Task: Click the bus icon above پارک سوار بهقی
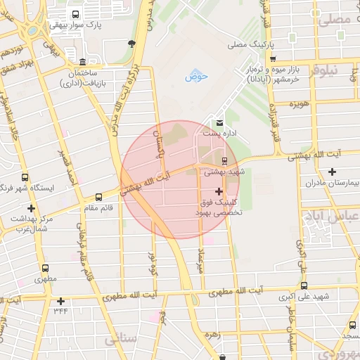point(76,13)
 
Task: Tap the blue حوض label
point(193,76)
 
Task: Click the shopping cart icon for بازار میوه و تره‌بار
point(274,59)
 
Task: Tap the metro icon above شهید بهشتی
point(225,160)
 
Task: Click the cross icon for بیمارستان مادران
point(332,172)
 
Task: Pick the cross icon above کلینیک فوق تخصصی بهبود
point(219,191)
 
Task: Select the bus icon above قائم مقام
point(98,197)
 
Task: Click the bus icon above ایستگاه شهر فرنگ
point(25,178)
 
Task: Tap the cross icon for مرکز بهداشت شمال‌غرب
point(31,208)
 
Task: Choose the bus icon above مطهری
point(46,268)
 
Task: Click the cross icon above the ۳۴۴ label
point(61,301)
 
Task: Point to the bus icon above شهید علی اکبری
point(304,285)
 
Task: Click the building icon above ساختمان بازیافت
point(83,62)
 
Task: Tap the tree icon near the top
point(131,44)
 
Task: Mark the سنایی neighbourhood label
point(120,340)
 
